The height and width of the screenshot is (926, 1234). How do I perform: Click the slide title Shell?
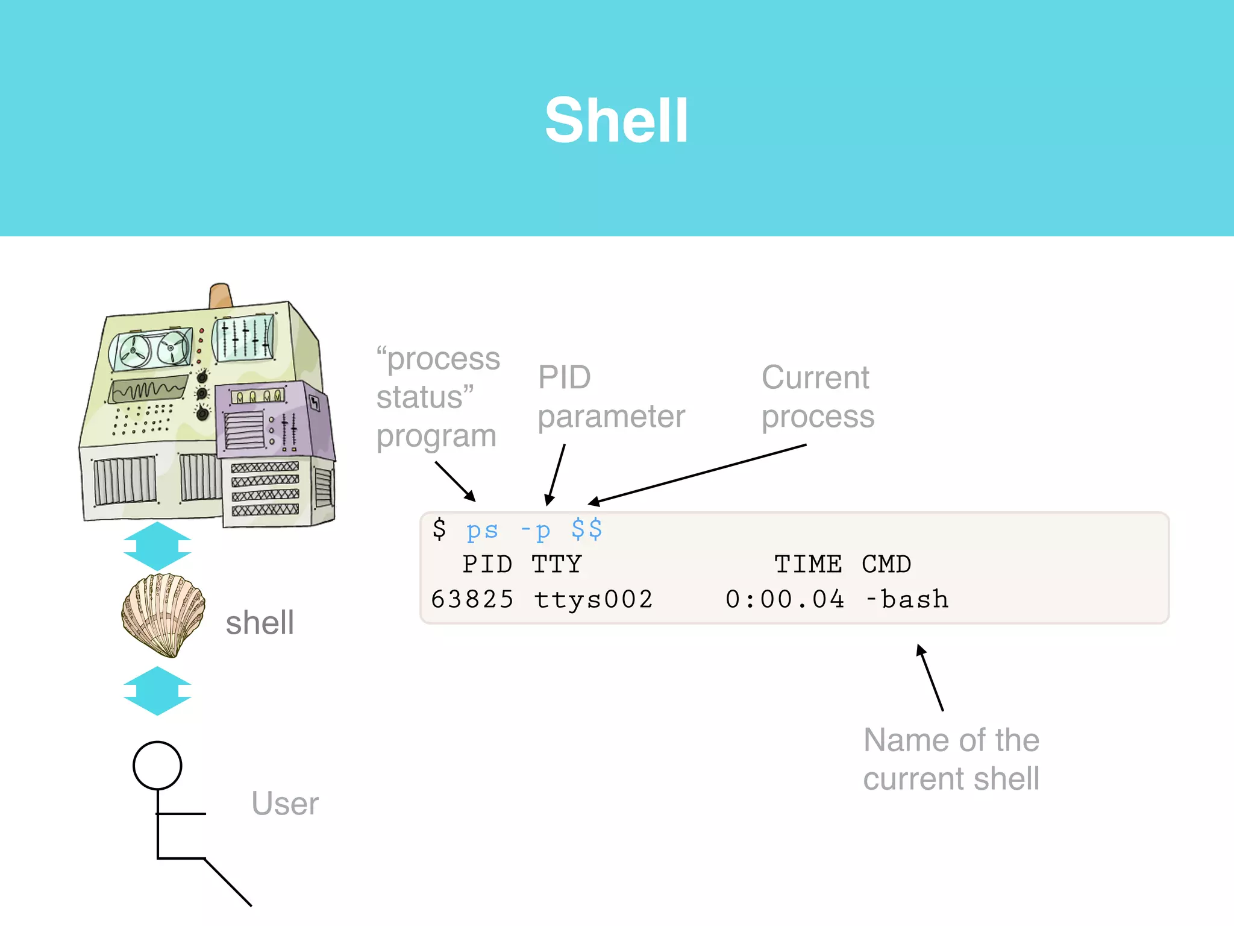[x=616, y=121]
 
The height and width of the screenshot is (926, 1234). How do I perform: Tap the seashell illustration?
[x=163, y=615]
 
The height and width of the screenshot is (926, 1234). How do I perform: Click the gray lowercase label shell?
[x=260, y=623]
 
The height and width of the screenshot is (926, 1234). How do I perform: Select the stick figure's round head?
[x=157, y=765]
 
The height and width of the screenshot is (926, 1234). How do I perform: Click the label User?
[x=284, y=804]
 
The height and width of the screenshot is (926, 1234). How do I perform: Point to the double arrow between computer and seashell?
[x=157, y=546]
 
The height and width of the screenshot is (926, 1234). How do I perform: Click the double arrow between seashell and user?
[x=157, y=691]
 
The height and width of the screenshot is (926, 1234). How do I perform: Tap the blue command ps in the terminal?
[x=482, y=531]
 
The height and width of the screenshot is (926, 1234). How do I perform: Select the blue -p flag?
[x=536, y=531]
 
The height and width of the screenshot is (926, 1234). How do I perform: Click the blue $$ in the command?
[x=586, y=529]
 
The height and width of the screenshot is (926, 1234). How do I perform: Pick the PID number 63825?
[x=472, y=599]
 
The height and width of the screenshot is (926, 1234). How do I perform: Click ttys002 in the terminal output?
[x=593, y=599]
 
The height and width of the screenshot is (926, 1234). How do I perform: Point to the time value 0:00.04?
[x=785, y=599]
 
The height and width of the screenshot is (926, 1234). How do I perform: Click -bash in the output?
[x=907, y=599]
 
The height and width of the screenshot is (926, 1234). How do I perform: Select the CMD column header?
[x=886, y=564]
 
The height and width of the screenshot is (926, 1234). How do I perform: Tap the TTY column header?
[x=556, y=564]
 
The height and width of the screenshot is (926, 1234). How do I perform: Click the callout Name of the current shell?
[x=951, y=759]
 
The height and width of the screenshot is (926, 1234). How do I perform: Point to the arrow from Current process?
[x=699, y=473]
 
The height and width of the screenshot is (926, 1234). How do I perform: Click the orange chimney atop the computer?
[x=220, y=295]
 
